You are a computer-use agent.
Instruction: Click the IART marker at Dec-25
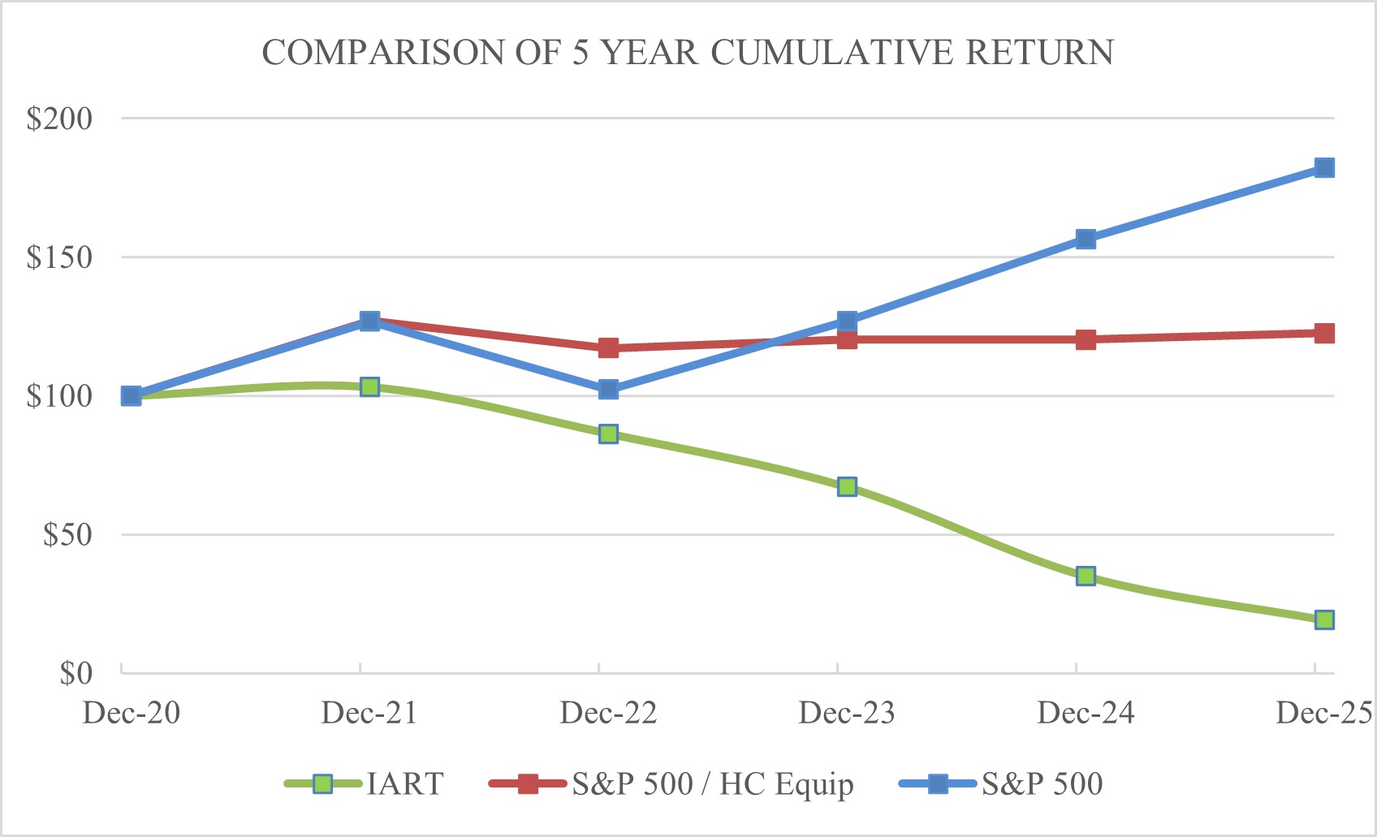coord(1324,620)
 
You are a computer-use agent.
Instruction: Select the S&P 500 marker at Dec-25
coord(1324,168)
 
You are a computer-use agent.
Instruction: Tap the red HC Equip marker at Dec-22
coord(608,348)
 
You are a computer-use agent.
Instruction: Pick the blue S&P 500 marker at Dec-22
coord(608,390)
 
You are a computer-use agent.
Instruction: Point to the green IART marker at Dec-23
coord(847,487)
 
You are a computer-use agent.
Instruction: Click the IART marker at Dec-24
coord(1086,576)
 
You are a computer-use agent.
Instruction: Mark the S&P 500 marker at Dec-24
coord(1086,239)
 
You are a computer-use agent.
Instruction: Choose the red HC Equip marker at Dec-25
coord(1324,334)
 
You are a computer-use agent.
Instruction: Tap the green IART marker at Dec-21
coord(369,387)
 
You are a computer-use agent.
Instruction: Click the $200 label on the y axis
coord(59,119)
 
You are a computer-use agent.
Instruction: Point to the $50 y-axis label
coord(67,535)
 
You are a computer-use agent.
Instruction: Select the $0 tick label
coord(76,674)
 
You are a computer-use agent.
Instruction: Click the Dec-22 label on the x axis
coord(608,714)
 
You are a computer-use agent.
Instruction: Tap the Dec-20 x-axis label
coord(132,714)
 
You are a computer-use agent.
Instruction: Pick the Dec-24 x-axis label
coord(1086,714)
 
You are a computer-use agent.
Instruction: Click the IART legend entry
coord(404,784)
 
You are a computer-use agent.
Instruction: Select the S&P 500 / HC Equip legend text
coord(712,784)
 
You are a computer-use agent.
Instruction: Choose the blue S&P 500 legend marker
coord(938,784)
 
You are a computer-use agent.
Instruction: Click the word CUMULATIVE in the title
coord(832,53)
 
